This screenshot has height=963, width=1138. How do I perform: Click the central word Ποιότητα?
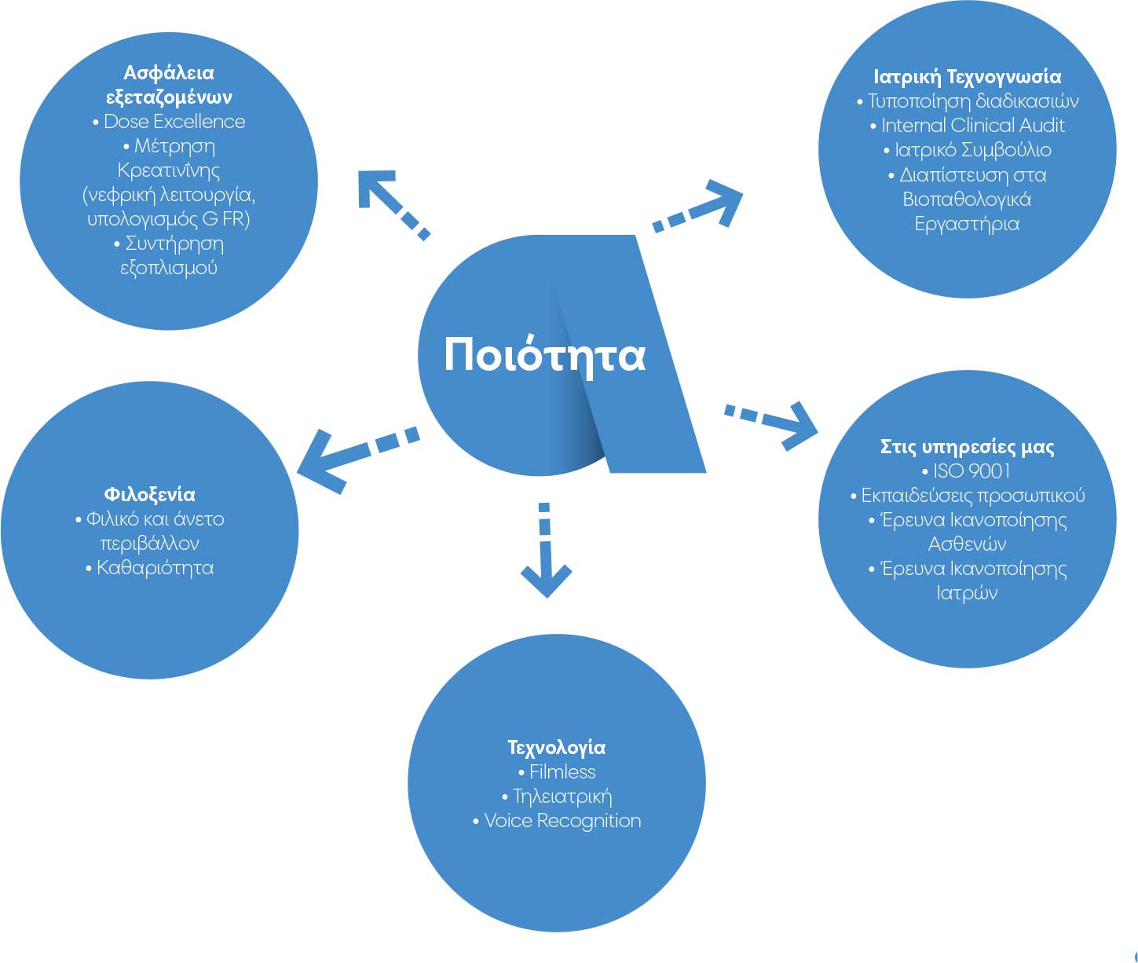coord(544,355)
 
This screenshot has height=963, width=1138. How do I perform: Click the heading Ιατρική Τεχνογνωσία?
coord(967,77)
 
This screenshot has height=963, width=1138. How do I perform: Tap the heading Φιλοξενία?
coord(149,495)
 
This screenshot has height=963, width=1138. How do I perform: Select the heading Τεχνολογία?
coord(556,747)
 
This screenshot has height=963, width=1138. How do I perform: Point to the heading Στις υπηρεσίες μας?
coord(967,447)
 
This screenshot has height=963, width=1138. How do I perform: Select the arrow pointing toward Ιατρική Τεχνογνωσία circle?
coord(699,208)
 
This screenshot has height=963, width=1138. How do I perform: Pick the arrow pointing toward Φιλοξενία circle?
coord(353,456)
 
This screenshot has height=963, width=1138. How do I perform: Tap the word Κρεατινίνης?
coord(168,170)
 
